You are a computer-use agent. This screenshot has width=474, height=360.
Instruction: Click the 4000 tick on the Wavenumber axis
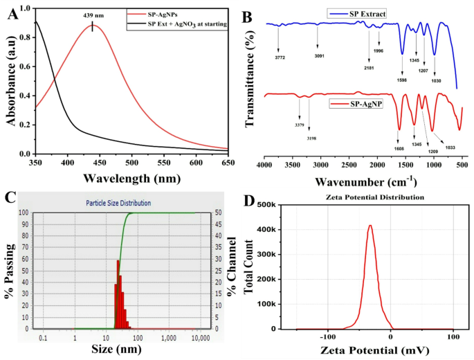coord(264,166)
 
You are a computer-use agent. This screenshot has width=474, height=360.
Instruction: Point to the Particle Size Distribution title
coord(118,203)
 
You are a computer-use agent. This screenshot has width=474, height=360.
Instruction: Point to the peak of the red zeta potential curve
coord(370,225)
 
